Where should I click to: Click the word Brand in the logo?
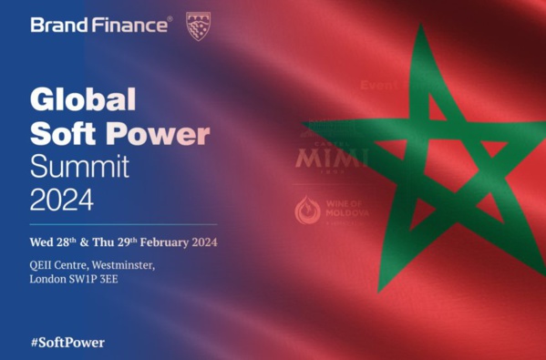(57, 25)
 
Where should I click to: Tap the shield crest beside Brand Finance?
(197, 25)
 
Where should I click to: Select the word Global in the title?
(82, 98)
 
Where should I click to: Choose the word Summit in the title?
(79, 166)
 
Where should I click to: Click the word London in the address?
(46, 279)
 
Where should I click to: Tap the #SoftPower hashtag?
(67, 343)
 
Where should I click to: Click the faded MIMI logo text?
(330, 159)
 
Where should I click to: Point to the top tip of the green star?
(420, 27)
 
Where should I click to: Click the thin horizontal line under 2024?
(123, 224)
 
